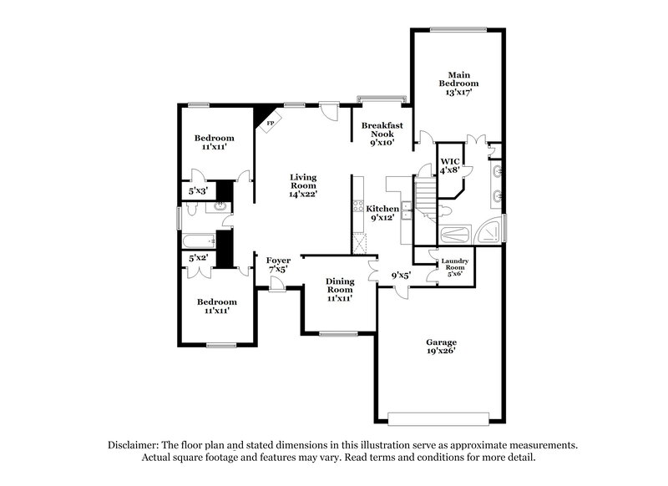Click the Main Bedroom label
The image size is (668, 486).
pos(461,83)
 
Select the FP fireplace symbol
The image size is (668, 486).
pos(270,123)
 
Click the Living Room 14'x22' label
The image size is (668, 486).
pos(303,185)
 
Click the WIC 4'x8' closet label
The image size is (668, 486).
pos(450,165)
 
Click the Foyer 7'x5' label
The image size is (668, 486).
pos(278,266)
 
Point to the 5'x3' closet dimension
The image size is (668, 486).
pos(198,191)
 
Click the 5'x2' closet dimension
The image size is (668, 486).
pos(198,259)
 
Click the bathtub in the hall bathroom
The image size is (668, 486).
pos(200,240)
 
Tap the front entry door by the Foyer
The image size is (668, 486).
pos(276,287)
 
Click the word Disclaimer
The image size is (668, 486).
pos(135,446)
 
